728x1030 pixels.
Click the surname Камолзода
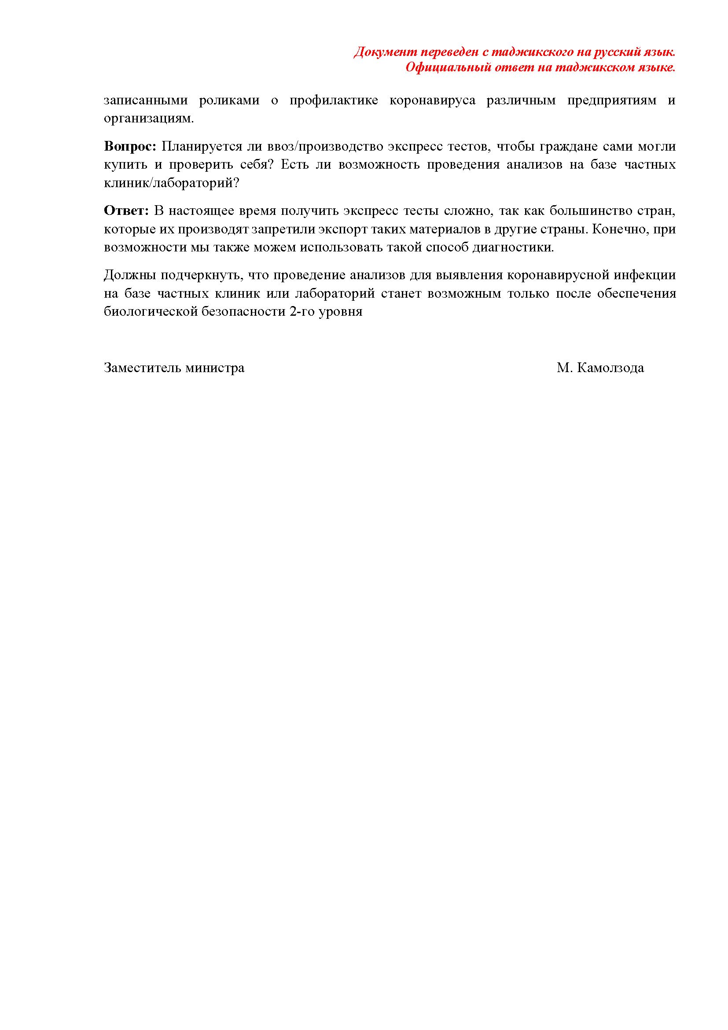(x=610, y=368)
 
